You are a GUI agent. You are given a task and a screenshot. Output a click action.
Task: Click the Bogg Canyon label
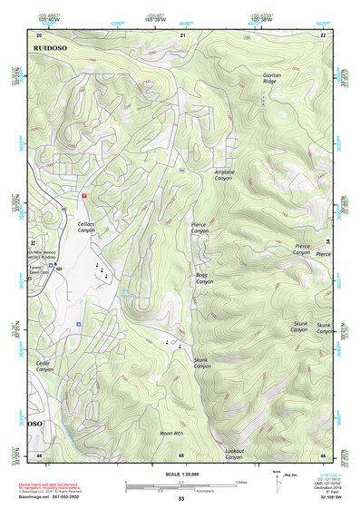coord(203,279)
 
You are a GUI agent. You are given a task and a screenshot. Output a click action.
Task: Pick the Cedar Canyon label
coord(44,367)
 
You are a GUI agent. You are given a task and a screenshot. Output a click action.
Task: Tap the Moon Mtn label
coord(171,434)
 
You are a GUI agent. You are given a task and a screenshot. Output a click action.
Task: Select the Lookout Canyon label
coord(234,454)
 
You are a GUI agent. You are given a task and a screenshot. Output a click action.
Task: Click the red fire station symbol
coord(85,195)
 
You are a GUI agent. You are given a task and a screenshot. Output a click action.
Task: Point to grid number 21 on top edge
coord(182,35)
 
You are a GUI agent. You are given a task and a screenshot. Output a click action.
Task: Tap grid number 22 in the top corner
coord(322,35)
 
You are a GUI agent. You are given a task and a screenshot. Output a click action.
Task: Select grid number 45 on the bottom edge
coord(181,455)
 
